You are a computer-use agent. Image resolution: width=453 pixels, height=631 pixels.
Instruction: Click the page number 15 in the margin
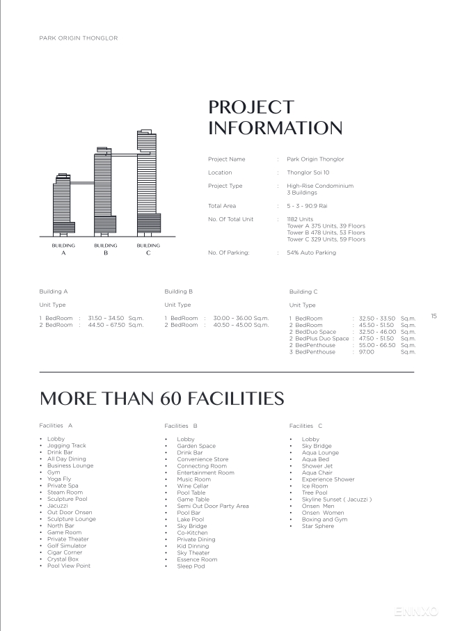[x=434, y=317]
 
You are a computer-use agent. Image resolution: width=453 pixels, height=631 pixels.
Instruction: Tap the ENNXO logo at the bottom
[x=417, y=612]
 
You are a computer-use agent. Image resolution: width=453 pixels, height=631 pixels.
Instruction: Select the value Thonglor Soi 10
[x=308, y=173]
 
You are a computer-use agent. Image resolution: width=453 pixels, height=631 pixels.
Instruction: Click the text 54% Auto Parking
[x=311, y=253]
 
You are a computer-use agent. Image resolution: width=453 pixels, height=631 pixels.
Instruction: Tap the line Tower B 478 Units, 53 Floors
[x=326, y=232]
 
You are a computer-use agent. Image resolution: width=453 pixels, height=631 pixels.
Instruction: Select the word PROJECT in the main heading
[x=251, y=107]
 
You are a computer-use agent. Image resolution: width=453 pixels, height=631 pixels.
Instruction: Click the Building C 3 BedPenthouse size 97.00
[x=366, y=352]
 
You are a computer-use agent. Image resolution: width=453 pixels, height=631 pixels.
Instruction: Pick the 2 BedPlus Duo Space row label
[x=319, y=339]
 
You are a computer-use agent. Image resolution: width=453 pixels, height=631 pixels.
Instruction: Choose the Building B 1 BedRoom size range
[x=241, y=318]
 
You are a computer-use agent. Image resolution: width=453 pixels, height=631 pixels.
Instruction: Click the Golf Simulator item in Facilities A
[x=67, y=546]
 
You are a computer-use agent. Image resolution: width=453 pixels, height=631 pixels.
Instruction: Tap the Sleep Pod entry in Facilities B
[x=191, y=566]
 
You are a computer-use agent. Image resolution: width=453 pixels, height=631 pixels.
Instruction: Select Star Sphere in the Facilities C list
[x=317, y=526]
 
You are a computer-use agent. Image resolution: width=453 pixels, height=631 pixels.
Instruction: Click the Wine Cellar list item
[x=193, y=486]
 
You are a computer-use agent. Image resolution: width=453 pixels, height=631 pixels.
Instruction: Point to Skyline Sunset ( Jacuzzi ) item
[x=337, y=500]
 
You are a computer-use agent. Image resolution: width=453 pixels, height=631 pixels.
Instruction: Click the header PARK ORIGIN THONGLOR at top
[x=78, y=38]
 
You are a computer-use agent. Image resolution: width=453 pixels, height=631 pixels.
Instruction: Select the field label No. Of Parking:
[x=228, y=253]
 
